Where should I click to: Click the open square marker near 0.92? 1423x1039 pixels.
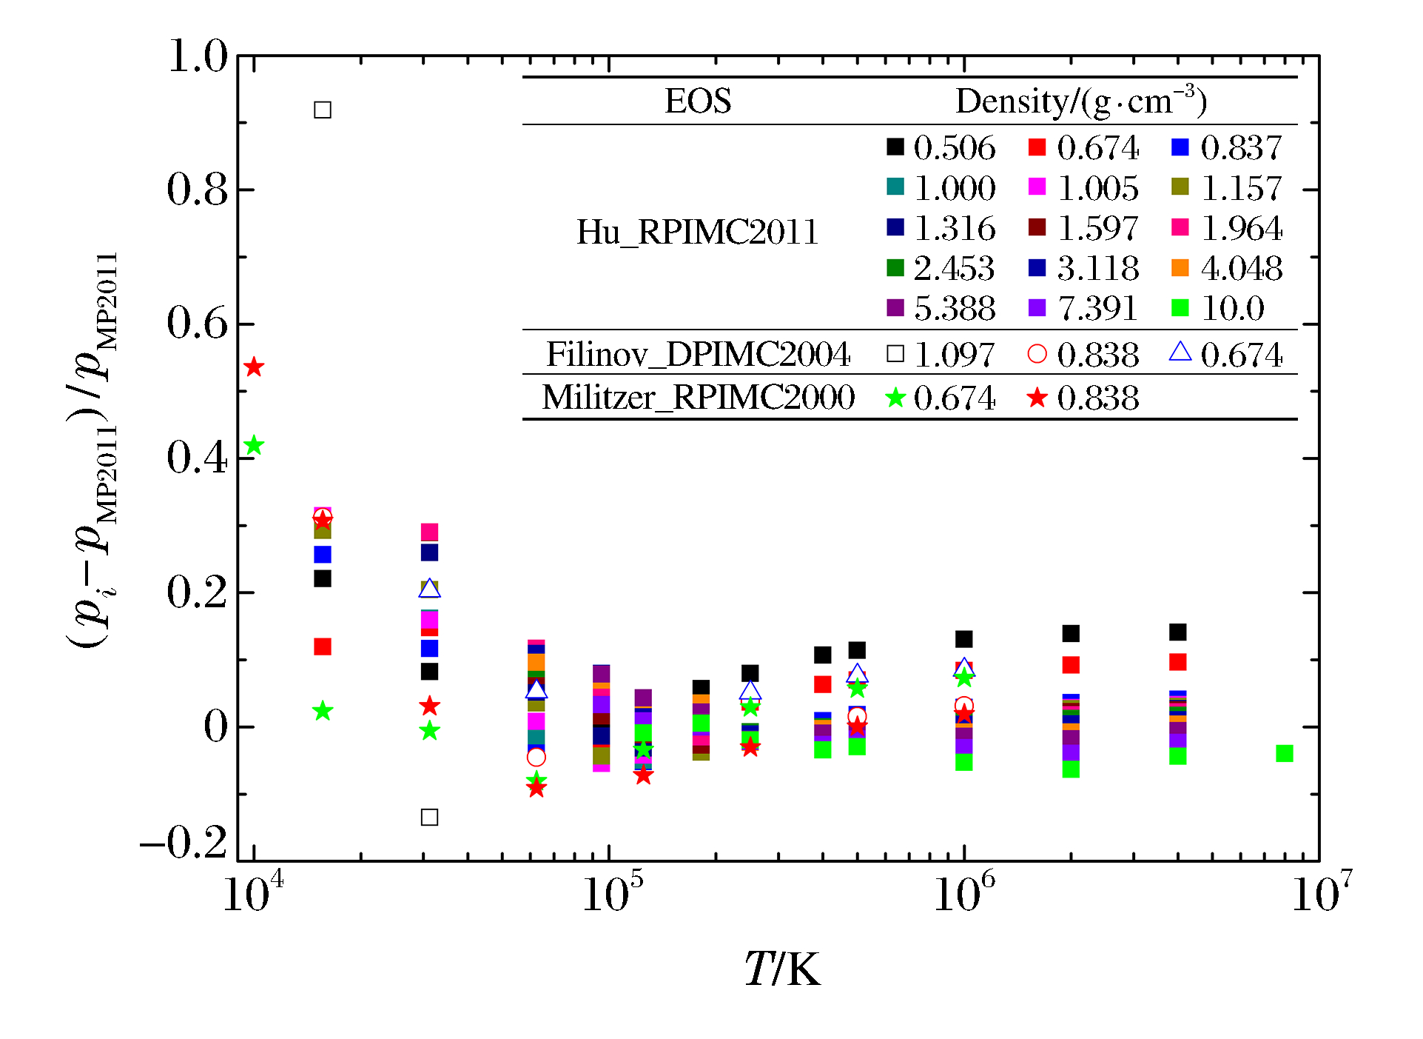click(x=323, y=110)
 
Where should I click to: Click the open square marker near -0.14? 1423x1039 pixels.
click(x=429, y=818)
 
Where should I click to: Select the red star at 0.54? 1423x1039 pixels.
click(x=254, y=367)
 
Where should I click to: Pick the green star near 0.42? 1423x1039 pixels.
click(x=254, y=446)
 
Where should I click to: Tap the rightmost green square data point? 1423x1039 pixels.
click(x=1285, y=754)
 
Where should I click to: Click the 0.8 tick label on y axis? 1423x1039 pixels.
click(x=198, y=190)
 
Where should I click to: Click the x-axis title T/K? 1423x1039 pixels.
click(x=783, y=969)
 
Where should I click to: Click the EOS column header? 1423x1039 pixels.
click(x=698, y=101)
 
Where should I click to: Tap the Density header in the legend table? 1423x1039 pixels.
click(x=1081, y=101)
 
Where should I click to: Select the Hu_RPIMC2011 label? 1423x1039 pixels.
click(x=697, y=233)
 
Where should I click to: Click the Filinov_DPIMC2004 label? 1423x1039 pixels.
click(x=698, y=355)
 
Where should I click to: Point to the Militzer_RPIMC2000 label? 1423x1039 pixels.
click(x=698, y=398)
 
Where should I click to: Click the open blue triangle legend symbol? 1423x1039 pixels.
click(x=1180, y=353)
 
